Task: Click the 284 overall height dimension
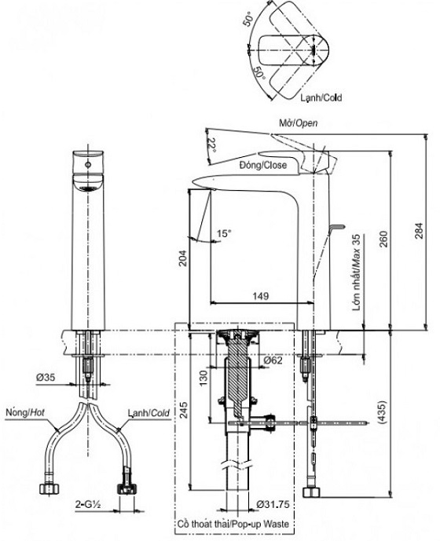tap(419, 231)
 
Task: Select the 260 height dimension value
tap(383, 239)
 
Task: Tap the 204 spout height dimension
tap(182, 258)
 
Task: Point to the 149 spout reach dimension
tap(261, 296)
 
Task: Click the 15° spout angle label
tap(223, 233)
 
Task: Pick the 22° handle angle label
tap(214, 145)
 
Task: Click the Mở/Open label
tap(298, 122)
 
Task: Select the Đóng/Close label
tap(263, 165)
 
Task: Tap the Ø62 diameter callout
tap(273, 360)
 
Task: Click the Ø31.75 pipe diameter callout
tap(273, 504)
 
